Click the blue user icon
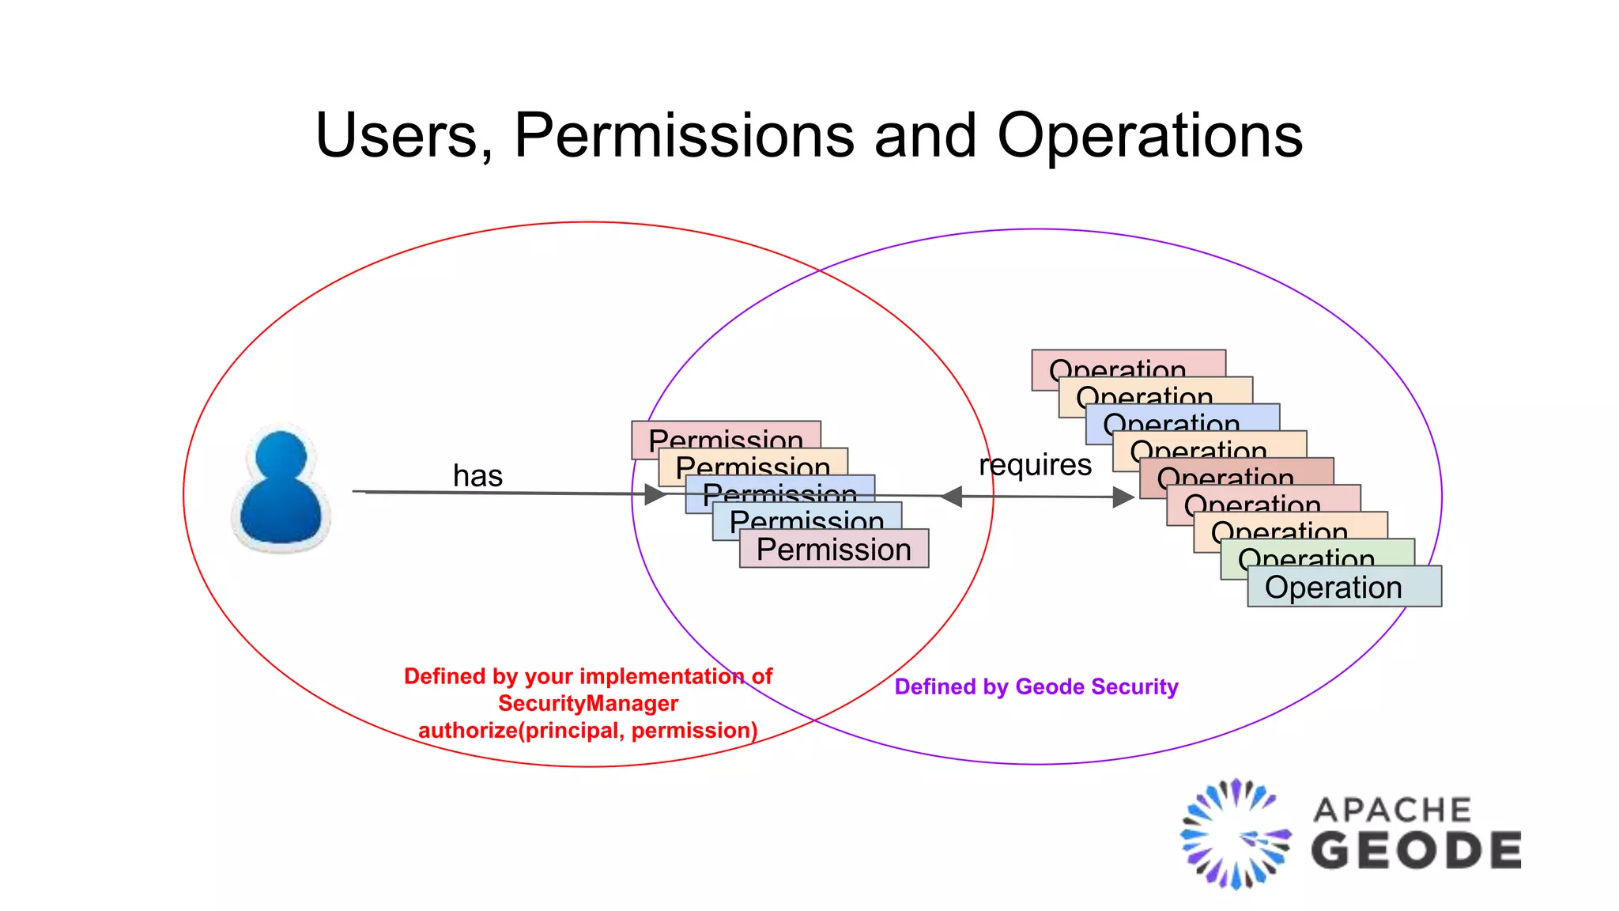pyautogui.click(x=281, y=488)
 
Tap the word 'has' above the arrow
pyautogui.click(x=477, y=476)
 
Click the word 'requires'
pyautogui.click(x=1035, y=465)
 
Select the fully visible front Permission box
pyautogui.click(x=834, y=549)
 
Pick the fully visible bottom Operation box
pyautogui.click(x=1344, y=587)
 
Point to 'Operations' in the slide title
pyautogui.click(x=1149, y=135)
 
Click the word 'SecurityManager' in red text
pyautogui.click(x=588, y=703)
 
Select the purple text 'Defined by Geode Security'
pyautogui.click(x=1036, y=686)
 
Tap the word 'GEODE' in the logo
pyautogui.click(x=1416, y=851)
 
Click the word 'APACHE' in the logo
pyautogui.click(x=1392, y=810)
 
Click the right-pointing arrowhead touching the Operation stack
pyautogui.click(x=1123, y=497)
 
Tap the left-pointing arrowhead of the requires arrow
pyautogui.click(x=951, y=497)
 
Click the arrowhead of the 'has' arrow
pyautogui.click(x=656, y=495)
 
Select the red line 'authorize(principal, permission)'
pyautogui.click(x=588, y=730)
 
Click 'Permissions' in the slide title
pyautogui.click(x=684, y=135)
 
